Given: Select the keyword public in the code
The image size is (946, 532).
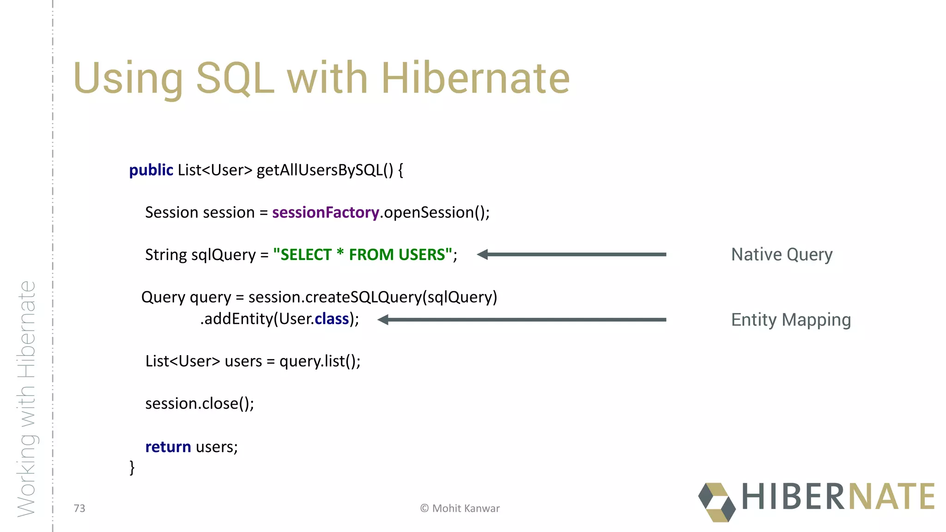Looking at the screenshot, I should (151, 170).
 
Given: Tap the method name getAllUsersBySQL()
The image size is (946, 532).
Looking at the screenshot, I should (324, 170).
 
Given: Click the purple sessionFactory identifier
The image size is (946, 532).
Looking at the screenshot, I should (325, 212).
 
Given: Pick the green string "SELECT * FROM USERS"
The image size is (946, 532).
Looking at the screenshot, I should (362, 255).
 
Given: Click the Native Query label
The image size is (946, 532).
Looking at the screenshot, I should (782, 254).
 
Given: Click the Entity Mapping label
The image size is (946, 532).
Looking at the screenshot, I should (791, 320).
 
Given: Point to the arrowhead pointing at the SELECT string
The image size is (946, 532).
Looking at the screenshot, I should (483, 254).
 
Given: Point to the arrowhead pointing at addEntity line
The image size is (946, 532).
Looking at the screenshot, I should (383, 320).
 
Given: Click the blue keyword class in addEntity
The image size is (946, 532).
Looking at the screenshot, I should (332, 319).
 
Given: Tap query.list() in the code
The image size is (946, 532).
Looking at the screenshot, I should (319, 361).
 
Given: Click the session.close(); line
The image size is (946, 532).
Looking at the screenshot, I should (200, 404).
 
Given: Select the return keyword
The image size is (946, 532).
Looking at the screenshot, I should (168, 447).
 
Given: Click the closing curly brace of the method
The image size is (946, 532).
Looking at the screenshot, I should (132, 467).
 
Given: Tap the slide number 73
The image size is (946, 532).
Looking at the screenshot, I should (79, 508).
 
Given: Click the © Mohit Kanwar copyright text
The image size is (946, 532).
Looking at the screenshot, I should (460, 508).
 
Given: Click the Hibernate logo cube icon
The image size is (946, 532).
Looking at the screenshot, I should (716, 502).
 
